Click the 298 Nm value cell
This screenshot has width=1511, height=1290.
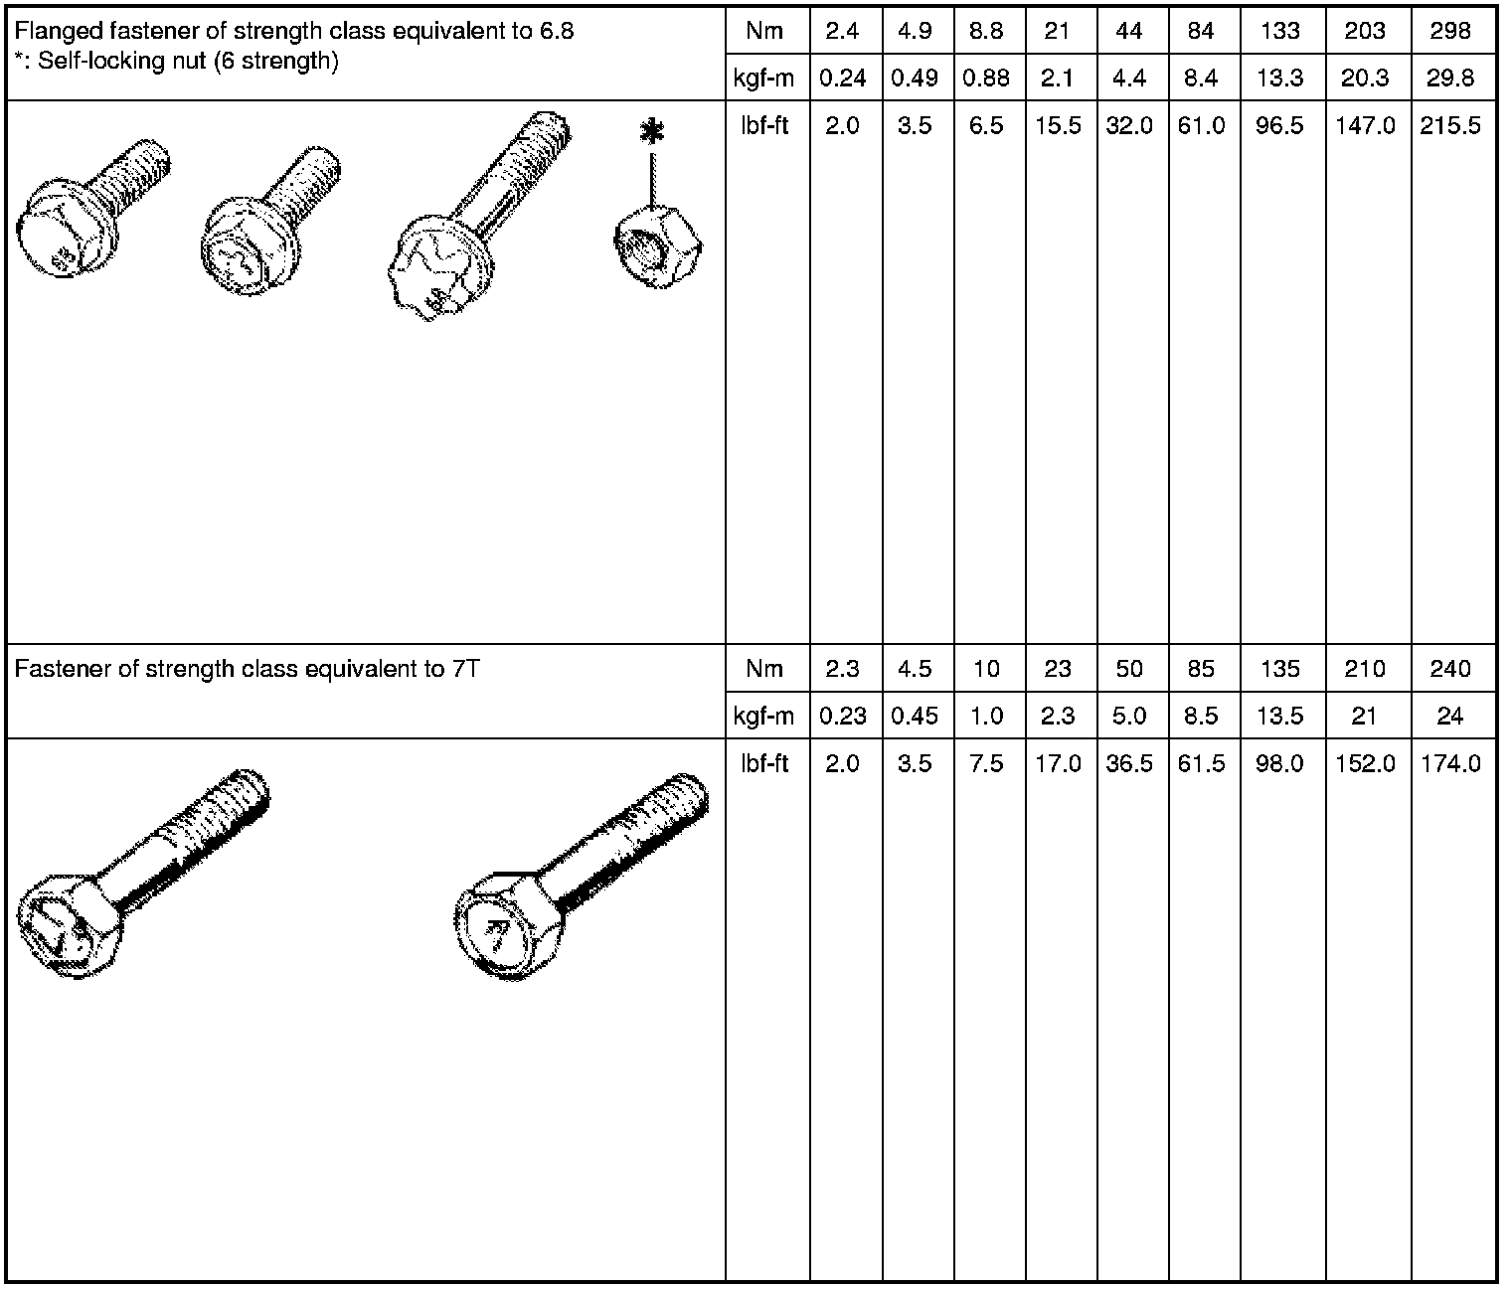click(x=1449, y=31)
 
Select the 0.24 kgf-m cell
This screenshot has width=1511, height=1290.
click(x=843, y=78)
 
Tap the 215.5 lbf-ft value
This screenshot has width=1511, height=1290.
click(x=1450, y=125)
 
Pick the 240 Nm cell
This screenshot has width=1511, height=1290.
click(x=1449, y=669)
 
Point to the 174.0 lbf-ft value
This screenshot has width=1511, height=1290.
click(x=1450, y=764)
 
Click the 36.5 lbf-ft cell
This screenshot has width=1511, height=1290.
click(x=1129, y=764)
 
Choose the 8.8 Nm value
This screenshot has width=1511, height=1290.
click(x=986, y=31)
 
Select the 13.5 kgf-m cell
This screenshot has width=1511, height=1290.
click(x=1280, y=716)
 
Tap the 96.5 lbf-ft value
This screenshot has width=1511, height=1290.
click(x=1280, y=125)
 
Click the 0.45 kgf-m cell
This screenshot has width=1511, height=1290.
click(x=915, y=716)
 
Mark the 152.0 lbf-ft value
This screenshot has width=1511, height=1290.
click(x=1365, y=764)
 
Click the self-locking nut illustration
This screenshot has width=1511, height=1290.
click(x=658, y=245)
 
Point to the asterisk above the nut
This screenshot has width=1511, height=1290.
click(x=651, y=133)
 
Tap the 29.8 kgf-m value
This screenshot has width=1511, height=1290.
click(x=1449, y=78)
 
